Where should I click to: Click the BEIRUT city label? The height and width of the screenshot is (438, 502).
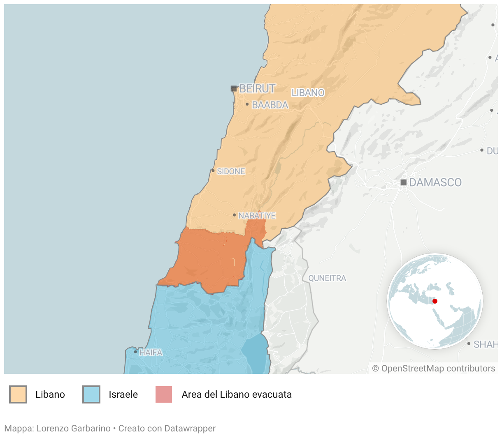(257, 88)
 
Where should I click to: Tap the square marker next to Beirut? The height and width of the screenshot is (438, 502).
(234, 88)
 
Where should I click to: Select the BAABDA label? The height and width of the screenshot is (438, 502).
(270, 105)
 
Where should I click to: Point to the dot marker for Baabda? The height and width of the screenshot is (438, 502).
(247, 104)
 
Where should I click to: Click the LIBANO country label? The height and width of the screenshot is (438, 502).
(308, 93)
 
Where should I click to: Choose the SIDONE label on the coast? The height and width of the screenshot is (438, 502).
(231, 171)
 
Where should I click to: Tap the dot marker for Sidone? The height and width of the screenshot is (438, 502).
(213, 171)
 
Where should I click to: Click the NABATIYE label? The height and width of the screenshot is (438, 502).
(257, 215)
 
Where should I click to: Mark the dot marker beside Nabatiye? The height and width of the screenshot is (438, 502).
(234, 215)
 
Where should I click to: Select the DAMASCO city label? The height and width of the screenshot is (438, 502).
(435, 182)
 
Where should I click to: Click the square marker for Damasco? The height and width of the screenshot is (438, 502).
(404, 182)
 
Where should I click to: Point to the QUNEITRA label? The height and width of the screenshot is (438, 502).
(327, 278)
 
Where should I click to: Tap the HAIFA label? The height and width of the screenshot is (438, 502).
(151, 353)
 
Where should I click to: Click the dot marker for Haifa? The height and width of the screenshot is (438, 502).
(135, 352)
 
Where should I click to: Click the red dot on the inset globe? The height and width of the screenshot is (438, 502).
(435, 301)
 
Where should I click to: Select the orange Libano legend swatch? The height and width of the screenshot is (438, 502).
(18, 394)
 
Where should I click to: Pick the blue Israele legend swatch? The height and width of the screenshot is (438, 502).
(91, 394)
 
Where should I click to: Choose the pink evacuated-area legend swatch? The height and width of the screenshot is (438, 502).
(164, 394)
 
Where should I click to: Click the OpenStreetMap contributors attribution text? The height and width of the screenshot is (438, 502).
(434, 369)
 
